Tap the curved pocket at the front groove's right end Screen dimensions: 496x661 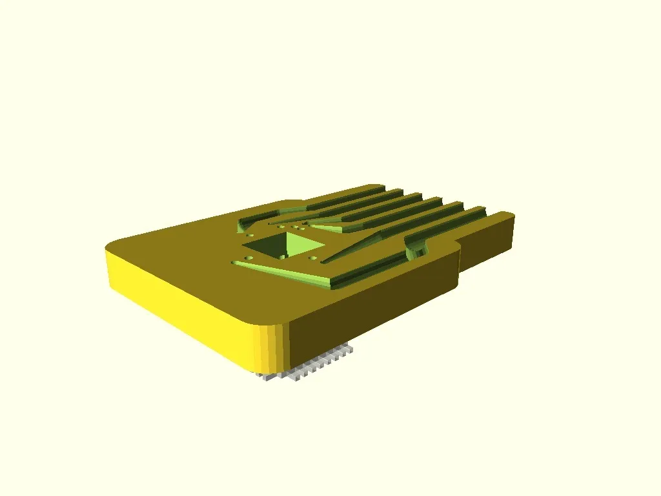click(416, 245)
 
